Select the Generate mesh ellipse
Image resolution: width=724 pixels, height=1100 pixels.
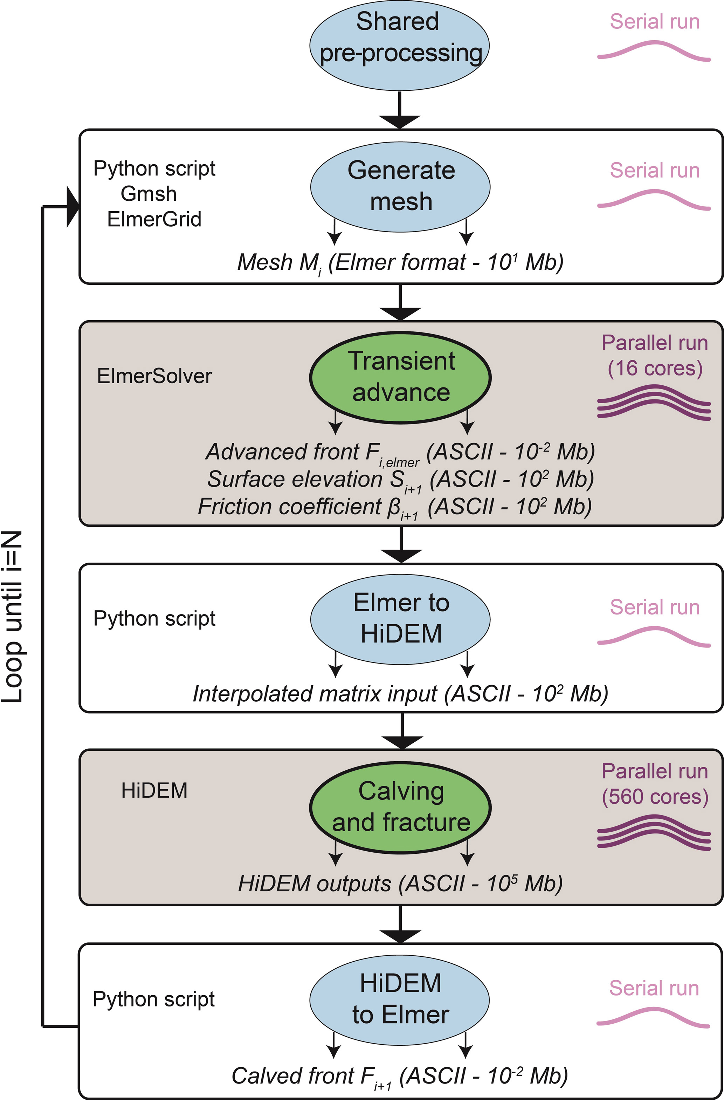(400, 187)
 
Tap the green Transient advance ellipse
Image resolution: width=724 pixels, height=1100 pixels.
(400, 377)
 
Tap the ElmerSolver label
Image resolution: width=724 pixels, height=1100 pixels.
(154, 376)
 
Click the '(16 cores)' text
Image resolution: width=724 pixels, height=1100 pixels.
(655, 369)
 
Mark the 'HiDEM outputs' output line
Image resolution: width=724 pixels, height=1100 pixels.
(400, 884)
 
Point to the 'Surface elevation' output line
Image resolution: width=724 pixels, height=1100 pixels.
(400, 480)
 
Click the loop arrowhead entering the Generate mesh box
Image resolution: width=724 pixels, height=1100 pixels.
(73, 207)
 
